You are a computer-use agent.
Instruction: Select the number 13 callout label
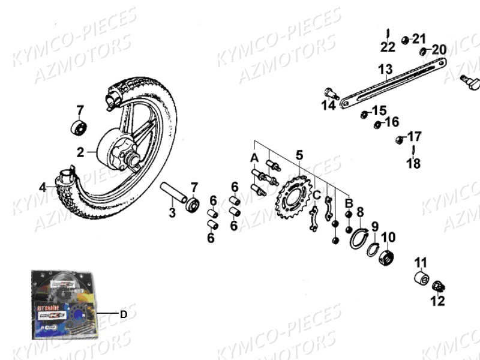click(385, 69)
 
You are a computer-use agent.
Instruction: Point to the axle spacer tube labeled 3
click(174, 194)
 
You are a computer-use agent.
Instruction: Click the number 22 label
click(388, 47)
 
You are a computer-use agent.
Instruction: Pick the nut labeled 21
click(406, 40)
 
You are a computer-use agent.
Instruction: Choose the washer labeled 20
click(424, 52)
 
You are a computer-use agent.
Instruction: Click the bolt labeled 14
click(331, 94)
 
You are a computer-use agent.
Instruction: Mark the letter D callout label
click(124, 313)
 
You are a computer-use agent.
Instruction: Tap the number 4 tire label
click(43, 187)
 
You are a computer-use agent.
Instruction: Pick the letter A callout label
click(254, 158)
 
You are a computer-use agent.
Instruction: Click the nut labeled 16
click(377, 125)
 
